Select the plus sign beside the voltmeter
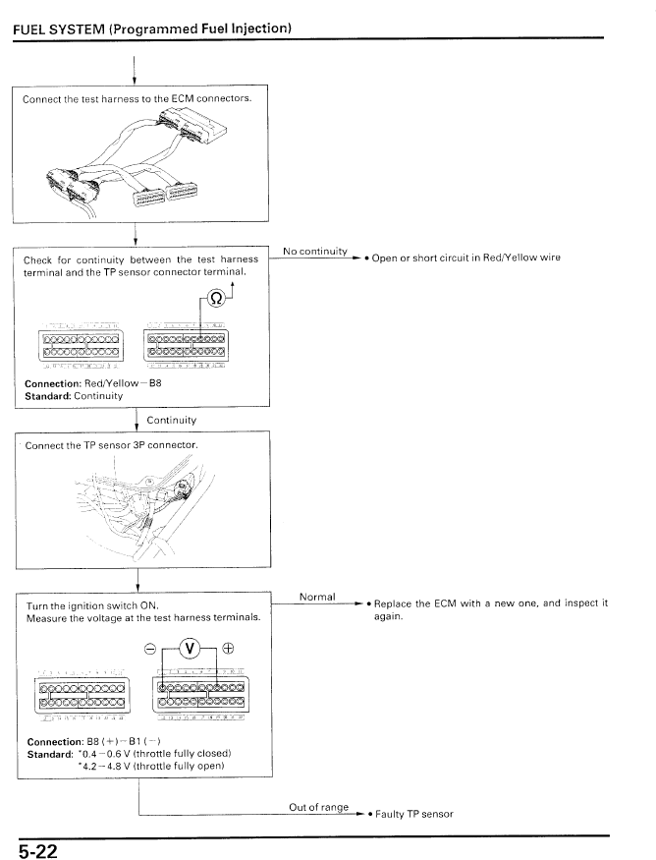click(x=229, y=647)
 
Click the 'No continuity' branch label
click(x=317, y=252)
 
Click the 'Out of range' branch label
click(x=319, y=807)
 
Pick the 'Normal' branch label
click(x=317, y=597)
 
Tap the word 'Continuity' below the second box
click(x=171, y=420)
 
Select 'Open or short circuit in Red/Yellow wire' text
click(x=465, y=258)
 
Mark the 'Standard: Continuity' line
click(x=74, y=395)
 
